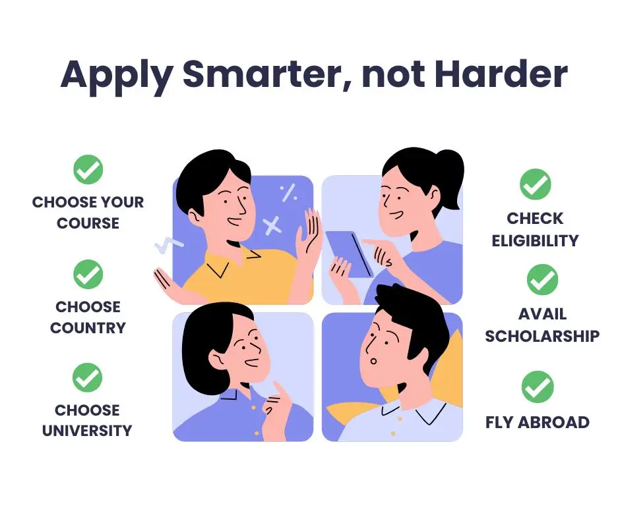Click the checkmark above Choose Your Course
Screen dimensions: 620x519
88,169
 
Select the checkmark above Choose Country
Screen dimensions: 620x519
88,274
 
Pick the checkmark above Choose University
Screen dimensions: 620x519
87,377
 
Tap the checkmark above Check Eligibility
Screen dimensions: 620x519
535,184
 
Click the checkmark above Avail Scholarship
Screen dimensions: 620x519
542,279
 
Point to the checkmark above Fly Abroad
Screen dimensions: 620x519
538,387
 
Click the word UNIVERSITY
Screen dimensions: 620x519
87,431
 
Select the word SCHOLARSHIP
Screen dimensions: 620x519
542,336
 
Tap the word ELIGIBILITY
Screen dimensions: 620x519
535,240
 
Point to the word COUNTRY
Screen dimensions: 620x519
88,328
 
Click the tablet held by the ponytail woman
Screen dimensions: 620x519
349,254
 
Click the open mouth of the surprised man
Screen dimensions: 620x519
373,361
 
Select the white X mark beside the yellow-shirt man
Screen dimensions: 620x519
272,225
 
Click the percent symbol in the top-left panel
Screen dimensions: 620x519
289,192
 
